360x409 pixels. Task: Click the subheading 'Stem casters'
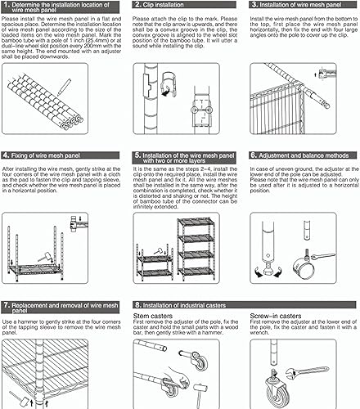coord(150,313)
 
